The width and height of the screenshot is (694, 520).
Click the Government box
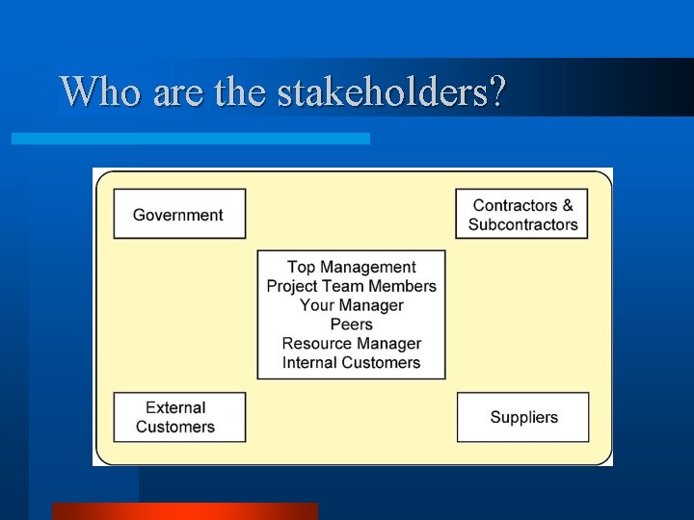pyautogui.click(x=179, y=214)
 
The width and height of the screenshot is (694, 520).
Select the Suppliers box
pyautogui.click(x=522, y=417)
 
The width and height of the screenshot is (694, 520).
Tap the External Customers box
pyautogui.click(x=179, y=417)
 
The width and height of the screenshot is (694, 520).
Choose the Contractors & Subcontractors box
pyautogui.click(x=522, y=214)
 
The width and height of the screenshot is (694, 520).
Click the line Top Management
pyautogui.click(x=352, y=267)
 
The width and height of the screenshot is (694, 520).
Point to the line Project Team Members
pyautogui.click(x=352, y=286)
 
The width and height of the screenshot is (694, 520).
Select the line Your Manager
pyautogui.click(x=352, y=305)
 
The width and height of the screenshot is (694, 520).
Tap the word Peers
pyautogui.click(x=352, y=325)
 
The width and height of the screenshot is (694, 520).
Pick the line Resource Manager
pyautogui.click(x=352, y=344)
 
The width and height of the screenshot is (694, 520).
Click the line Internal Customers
pyautogui.click(x=352, y=363)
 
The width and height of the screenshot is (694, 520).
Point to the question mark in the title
pyautogui.click(x=497, y=92)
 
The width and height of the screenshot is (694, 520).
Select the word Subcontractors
pyautogui.click(x=523, y=224)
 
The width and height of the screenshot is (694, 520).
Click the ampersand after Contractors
pyautogui.click(x=568, y=205)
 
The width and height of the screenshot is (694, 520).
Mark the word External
pyautogui.click(x=175, y=407)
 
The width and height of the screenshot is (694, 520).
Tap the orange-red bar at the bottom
pyautogui.click(x=184, y=511)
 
